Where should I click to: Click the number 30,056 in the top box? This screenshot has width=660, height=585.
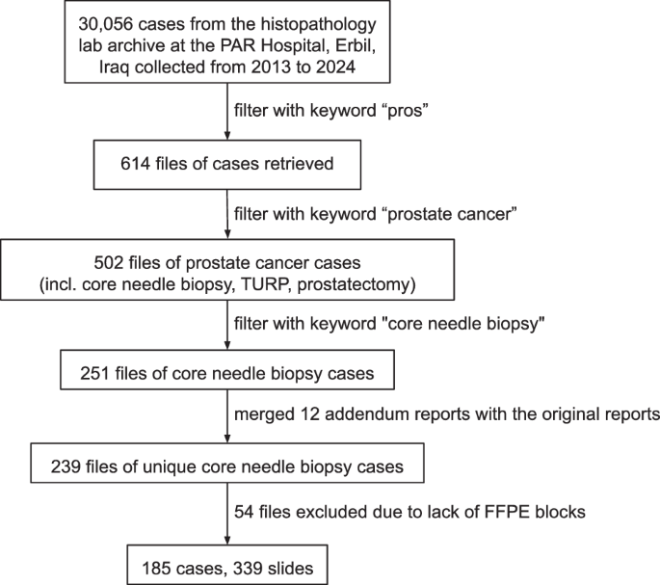point(106,24)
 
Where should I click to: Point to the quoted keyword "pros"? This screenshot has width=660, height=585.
point(407,111)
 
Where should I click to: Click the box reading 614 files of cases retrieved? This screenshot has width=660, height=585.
point(227,165)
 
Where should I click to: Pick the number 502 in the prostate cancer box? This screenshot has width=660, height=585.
point(109,263)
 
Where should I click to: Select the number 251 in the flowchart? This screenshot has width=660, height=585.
point(94,374)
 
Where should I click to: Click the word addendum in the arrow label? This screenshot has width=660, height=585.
point(366,414)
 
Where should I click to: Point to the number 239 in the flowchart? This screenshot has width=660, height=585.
point(66,466)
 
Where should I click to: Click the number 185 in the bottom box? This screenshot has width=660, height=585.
point(157,569)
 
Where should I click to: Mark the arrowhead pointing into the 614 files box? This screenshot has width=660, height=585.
point(227,135)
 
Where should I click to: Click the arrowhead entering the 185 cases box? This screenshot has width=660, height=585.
point(227,540)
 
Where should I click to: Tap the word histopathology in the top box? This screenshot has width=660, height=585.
point(318,24)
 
